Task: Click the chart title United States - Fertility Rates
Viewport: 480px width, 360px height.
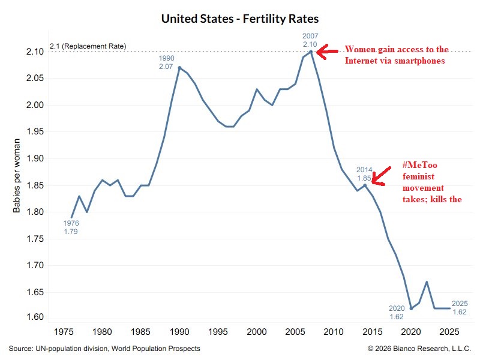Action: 240,19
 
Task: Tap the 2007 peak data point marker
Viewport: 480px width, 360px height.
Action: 311,52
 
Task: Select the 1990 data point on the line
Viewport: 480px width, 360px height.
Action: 179,68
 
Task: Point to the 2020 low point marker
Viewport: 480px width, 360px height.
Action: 411,308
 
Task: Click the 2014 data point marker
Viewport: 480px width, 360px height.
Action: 365,185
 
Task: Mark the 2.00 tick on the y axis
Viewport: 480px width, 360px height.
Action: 35,105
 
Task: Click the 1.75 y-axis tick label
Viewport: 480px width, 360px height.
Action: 35,239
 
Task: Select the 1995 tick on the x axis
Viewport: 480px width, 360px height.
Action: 218,332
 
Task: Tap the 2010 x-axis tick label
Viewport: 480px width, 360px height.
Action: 334,332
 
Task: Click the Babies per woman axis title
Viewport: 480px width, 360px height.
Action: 17,176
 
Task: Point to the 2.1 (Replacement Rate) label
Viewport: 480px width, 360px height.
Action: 88,46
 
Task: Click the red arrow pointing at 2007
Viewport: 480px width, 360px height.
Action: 327,52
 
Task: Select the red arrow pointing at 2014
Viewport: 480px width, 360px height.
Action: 381,176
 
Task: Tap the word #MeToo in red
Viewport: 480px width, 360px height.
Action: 419,165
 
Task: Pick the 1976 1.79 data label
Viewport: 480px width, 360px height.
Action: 71,227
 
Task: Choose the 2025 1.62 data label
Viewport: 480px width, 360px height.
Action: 460,308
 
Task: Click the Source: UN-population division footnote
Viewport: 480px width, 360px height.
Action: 104,349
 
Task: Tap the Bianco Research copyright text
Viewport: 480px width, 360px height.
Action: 419,349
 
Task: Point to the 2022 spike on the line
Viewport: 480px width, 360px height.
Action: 427,282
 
